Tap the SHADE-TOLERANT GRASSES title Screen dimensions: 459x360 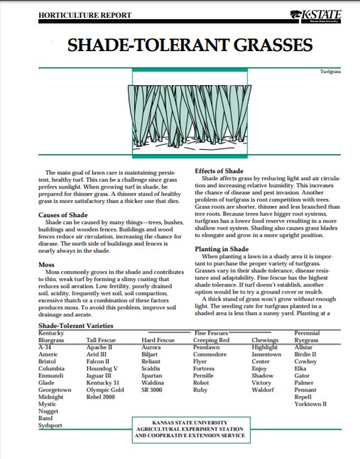190,46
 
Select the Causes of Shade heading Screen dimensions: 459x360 63,214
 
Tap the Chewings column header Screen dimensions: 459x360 266,341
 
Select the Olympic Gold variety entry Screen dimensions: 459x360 100,389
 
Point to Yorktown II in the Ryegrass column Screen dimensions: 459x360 310,404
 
